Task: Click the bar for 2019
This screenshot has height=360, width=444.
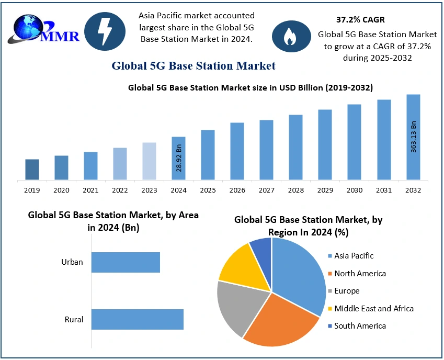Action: pos(32,170)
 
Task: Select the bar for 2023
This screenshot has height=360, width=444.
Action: pos(149,161)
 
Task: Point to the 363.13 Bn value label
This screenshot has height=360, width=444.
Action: pos(413,137)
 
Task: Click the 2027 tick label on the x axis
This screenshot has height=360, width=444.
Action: pos(266,190)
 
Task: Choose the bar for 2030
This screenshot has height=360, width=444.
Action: pos(354,142)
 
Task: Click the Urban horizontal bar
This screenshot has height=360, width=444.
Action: pos(126,262)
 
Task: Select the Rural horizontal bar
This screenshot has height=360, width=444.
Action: pos(138,319)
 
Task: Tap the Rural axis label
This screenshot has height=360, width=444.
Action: pos(74,319)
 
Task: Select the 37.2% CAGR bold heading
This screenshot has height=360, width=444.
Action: pos(360,20)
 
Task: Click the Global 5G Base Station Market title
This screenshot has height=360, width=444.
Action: pos(193,66)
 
